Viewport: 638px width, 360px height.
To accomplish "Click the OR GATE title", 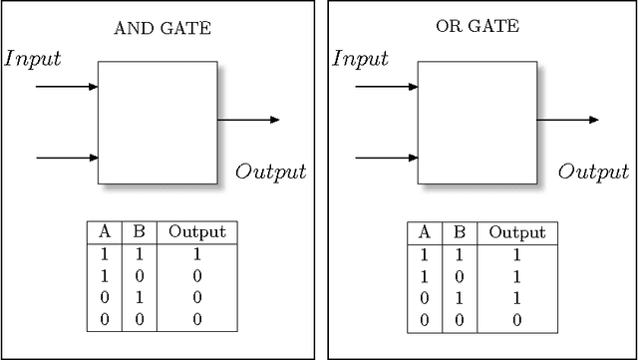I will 478,27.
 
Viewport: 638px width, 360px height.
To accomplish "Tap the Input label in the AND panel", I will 34,58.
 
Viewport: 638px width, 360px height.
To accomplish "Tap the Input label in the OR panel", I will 360,58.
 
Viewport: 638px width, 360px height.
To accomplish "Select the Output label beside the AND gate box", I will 270,172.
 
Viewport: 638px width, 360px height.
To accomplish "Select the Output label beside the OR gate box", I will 593,172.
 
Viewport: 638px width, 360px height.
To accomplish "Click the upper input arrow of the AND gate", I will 67,87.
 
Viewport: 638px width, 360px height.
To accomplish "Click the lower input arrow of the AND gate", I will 67,158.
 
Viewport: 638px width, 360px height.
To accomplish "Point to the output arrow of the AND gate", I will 248,120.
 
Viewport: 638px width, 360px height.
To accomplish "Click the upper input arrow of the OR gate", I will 387,87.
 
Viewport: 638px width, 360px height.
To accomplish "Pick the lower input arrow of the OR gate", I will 387,158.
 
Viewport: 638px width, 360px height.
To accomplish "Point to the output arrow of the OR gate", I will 568,120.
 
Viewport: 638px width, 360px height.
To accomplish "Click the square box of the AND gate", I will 158,123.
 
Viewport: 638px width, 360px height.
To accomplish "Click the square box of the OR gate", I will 477,123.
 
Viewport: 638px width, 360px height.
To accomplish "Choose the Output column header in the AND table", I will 196,232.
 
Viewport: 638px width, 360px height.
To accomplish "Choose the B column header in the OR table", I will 460,232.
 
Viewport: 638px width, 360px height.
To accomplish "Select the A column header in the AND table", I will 104,232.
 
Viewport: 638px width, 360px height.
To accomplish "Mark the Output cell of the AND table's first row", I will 196,254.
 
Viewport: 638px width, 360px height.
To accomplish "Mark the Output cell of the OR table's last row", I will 516,319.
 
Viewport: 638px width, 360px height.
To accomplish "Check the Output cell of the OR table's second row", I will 516,276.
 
